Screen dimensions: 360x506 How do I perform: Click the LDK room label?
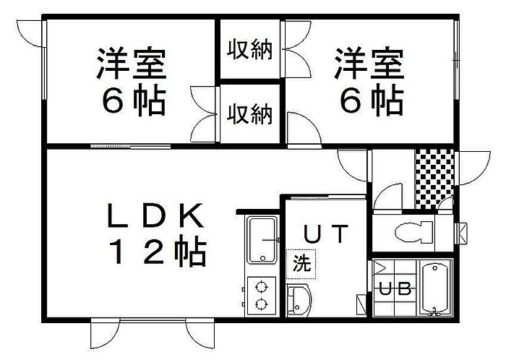[x=158, y=215]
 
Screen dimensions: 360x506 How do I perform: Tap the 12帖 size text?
[x=158, y=252]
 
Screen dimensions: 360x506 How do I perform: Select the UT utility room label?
[x=325, y=235]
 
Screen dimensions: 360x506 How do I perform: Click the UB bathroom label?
[x=396, y=289]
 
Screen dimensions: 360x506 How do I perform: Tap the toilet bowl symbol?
[x=413, y=233]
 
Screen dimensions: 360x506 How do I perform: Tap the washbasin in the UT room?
[x=298, y=299]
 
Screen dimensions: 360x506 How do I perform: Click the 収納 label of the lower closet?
[x=251, y=113]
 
